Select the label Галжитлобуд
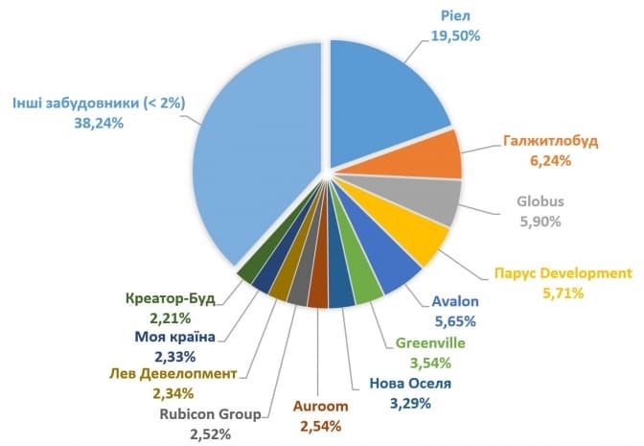pos(550,141)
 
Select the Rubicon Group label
pos(210,414)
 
